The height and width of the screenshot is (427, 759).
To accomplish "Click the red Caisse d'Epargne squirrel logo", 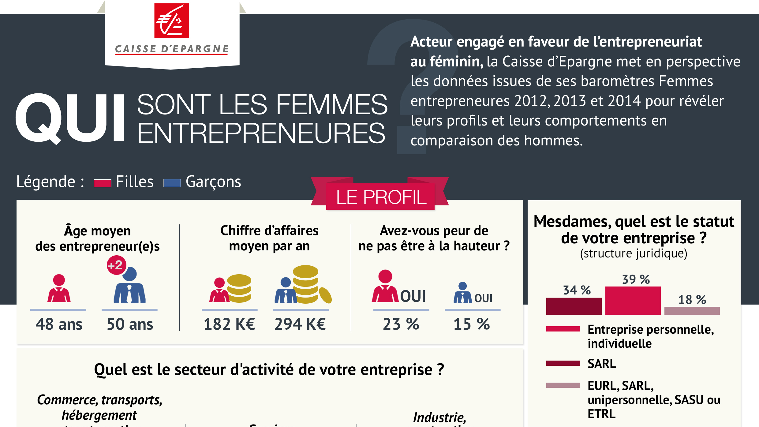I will (171, 21).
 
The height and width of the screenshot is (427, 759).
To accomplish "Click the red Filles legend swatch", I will (102, 183).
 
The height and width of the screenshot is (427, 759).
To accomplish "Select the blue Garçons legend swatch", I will (172, 183).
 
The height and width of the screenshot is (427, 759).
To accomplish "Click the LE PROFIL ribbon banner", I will (380, 197).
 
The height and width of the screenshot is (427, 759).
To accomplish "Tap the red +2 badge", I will (116, 265).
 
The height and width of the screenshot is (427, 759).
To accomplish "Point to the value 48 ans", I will (59, 324).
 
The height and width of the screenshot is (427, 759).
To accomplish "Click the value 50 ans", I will (130, 324).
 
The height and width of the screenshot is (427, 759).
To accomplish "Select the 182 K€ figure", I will (229, 324).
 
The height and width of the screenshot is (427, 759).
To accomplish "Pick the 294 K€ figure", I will (300, 324).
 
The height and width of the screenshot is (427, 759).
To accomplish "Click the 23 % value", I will (401, 324).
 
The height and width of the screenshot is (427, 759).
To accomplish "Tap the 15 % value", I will (472, 324).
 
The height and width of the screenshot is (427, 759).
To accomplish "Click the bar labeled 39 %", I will (633, 300).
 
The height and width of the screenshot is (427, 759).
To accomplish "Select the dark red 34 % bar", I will (574, 306).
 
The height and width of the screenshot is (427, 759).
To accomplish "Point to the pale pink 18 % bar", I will (692, 310).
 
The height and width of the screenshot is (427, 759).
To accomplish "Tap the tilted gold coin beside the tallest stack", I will (325, 295).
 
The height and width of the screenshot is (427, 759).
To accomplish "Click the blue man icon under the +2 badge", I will (130, 286).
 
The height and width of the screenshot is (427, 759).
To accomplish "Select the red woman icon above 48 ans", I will (59, 289).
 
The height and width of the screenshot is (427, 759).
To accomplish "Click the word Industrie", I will (439, 417).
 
